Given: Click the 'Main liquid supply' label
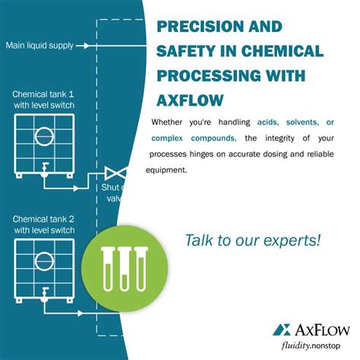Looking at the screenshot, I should [39, 46].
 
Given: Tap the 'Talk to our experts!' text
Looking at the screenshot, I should [252, 241].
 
